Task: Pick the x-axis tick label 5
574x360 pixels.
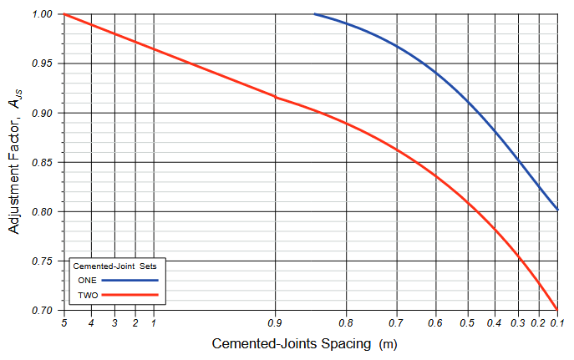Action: [x=63, y=322]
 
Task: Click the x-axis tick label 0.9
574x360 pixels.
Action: [x=275, y=322]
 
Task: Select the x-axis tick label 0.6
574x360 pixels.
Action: [x=434, y=322]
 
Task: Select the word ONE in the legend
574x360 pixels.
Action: [x=87, y=280]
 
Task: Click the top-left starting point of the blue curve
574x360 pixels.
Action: [x=314, y=14]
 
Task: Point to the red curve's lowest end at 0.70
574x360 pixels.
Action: [x=557, y=310]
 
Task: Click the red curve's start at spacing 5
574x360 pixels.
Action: [x=64, y=14]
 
